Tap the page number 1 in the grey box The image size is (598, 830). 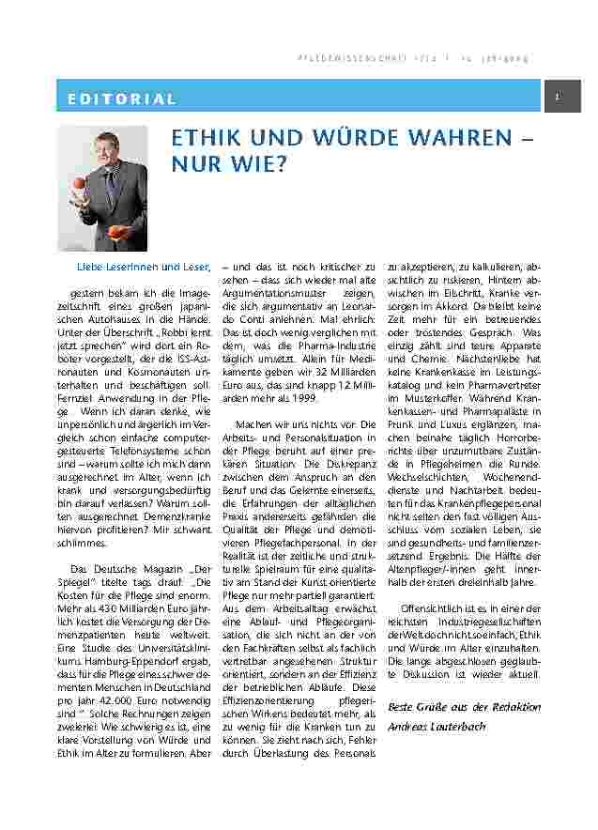click(x=558, y=98)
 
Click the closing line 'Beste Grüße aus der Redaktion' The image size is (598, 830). click(x=464, y=706)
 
